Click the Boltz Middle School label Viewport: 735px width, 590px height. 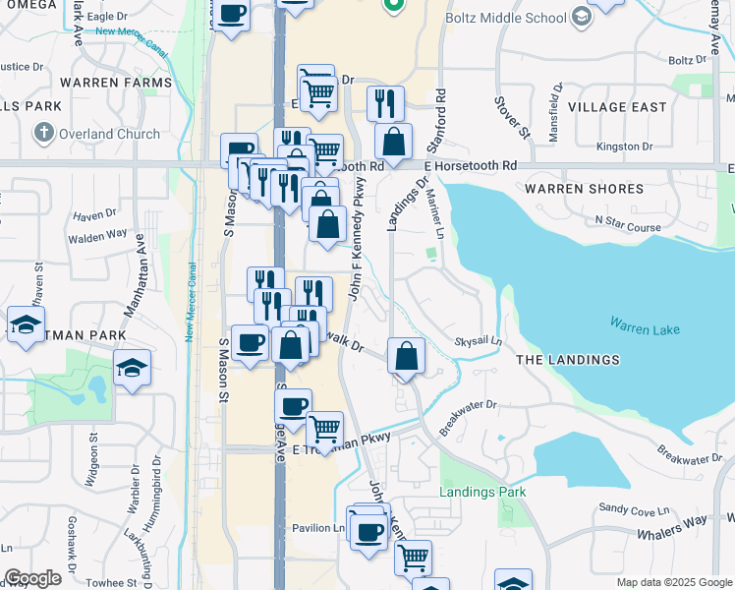tap(505, 18)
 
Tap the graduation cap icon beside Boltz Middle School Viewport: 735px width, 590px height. tap(582, 17)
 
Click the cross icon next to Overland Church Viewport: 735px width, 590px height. tap(43, 133)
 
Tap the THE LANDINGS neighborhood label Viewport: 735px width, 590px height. tap(568, 360)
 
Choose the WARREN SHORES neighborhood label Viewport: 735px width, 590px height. tap(584, 188)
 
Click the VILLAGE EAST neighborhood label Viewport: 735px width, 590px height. tap(617, 107)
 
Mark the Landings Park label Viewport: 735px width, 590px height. tap(482, 492)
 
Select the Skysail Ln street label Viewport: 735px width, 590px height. tap(478, 341)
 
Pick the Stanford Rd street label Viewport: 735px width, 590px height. tap(441, 113)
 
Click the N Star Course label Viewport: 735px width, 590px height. tap(628, 227)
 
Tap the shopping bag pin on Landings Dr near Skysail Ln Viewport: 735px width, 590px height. tap(406, 356)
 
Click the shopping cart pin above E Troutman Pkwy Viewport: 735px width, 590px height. tap(324, 429)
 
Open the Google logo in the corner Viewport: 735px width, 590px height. tap(32, 577)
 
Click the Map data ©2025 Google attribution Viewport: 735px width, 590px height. tap(673, 582)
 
